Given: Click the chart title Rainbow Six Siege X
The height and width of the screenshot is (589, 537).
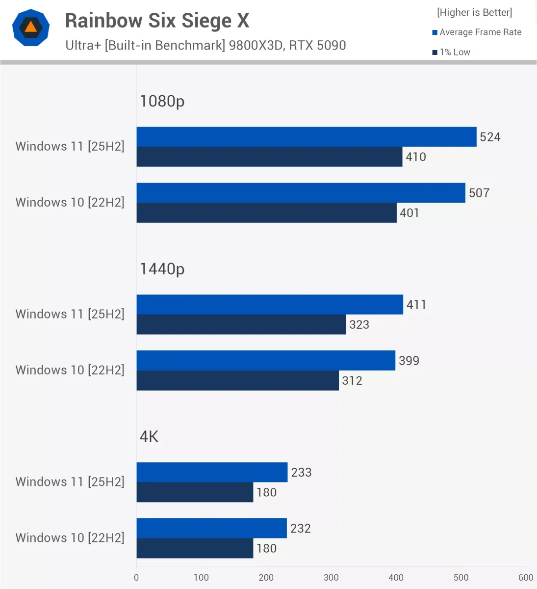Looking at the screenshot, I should point(157,21).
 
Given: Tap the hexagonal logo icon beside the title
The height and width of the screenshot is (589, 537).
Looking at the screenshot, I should point(31,27).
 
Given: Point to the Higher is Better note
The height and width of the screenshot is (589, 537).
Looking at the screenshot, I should point(474,12).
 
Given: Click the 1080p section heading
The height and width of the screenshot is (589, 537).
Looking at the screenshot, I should point(162,101).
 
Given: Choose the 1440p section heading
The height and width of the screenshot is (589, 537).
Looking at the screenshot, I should point(162,269).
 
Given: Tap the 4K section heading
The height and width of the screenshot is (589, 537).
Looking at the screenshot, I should point(149,437).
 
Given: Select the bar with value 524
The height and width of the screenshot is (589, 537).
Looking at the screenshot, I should point(306,137).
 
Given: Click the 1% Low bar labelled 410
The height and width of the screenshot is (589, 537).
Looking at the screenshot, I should point(269,157).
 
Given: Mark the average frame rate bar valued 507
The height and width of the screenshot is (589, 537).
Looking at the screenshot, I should point(301,193).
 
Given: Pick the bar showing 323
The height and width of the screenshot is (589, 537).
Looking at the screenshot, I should point(241,324).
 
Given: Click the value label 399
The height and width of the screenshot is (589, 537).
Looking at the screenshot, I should point(409,361).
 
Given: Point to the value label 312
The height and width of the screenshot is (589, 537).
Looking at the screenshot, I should point(352,381).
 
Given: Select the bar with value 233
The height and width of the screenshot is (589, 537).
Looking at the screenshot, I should point(212,472).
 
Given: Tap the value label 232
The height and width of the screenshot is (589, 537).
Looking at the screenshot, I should point(301,529).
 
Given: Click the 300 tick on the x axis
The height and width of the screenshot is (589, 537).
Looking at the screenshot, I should point(331,578).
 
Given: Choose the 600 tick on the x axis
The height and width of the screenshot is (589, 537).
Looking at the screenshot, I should point(526,578).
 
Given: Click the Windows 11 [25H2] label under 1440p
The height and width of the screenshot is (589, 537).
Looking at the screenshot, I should point(70,314).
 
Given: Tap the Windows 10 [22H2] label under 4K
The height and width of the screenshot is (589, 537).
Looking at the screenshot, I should point(70,538).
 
